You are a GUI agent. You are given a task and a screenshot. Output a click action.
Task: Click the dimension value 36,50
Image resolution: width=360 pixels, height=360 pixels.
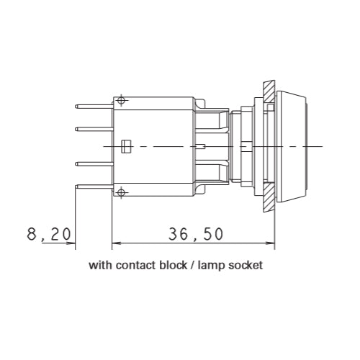pos(196,233)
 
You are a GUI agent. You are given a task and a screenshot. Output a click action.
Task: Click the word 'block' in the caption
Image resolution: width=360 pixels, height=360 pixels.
pos(175,265)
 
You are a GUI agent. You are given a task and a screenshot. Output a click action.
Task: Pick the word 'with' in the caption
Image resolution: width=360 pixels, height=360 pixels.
pos(99,265)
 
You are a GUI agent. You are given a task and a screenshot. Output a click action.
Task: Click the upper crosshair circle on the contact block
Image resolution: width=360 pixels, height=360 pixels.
pos(121,99)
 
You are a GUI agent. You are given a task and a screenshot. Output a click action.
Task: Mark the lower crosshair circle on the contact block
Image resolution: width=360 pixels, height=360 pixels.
pos(121,192)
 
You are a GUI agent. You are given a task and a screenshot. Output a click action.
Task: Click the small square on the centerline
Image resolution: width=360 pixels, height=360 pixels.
pos(127,145)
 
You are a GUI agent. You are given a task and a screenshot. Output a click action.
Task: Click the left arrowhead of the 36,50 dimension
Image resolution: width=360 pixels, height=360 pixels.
pos(115,243)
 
